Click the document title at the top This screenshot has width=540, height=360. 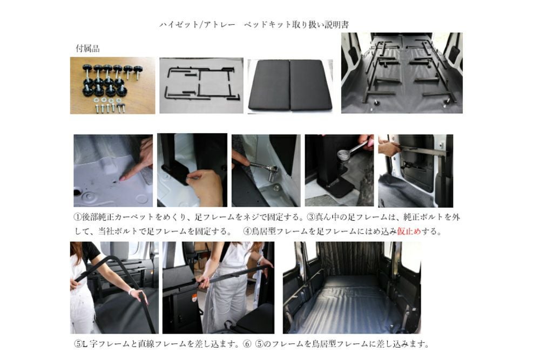[254, 25]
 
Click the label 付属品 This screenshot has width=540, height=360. [88, 49]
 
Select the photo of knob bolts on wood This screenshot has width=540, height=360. [113, 85]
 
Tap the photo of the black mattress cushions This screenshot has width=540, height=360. [290, 86]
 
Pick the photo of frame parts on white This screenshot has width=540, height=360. [201, 85]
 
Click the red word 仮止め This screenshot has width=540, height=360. [409, 232]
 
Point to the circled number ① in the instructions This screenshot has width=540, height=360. [78, 217]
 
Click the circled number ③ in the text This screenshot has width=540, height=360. [311, 217]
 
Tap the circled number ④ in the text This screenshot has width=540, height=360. [247, 232]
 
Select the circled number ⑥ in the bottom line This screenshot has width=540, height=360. [247, 344]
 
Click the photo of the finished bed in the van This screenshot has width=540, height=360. [352, 288]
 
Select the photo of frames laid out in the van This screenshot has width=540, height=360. [402, 73]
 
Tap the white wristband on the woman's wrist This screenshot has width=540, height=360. [131, 291]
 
